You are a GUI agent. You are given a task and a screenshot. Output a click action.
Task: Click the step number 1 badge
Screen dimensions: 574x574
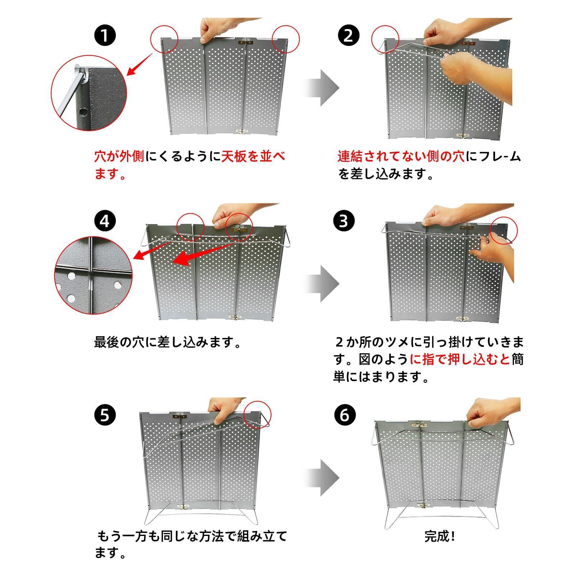pos(105,36)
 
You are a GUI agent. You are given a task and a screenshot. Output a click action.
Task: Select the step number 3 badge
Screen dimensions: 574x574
pos(344,221)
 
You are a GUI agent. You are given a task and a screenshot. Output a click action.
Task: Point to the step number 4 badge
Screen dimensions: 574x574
pos(105,221)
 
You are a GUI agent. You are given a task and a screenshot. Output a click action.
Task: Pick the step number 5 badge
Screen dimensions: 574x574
pos(105,415)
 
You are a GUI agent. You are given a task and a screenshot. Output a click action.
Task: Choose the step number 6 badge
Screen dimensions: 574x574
pos(344,415)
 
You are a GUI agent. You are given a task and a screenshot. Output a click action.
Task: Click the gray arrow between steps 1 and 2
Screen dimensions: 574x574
pos(321,88)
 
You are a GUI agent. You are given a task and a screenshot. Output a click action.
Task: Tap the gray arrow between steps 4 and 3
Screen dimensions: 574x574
pos(321,284)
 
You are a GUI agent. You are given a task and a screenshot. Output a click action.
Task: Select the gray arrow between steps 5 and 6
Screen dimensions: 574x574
pos(321,478)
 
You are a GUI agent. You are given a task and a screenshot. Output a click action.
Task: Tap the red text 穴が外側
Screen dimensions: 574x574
pos(119,157)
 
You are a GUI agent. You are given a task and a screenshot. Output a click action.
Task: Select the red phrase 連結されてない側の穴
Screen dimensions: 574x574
pos(401,157)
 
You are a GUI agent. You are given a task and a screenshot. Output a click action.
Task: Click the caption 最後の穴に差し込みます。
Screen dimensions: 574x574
pos(168,342)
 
